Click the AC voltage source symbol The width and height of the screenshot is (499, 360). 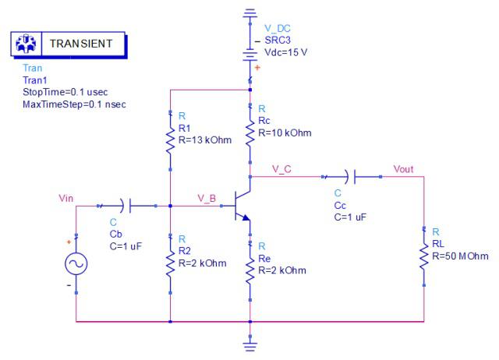tap(76, 265)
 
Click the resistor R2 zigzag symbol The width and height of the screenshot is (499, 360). tap(170, 264)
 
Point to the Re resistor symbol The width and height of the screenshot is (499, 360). tap(249, 272)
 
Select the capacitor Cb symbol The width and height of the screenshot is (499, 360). tap(127, 206)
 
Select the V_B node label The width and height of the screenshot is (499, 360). tap(207, 198)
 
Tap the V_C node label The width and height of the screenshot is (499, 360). tap(282, 168)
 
